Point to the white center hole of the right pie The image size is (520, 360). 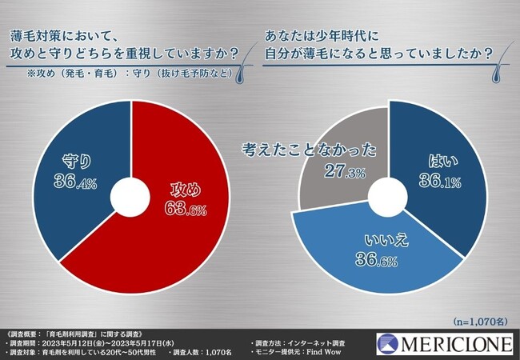[x=390, y=196]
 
